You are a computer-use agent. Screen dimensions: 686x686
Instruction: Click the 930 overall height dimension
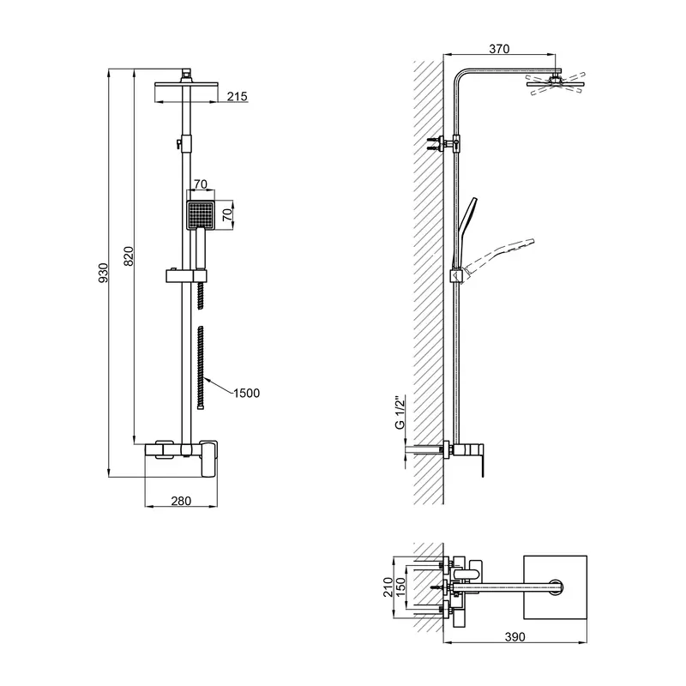pos(103,273)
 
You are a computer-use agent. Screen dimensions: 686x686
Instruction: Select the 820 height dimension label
pos(128,256)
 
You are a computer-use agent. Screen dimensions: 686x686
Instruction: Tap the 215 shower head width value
pos(238,96)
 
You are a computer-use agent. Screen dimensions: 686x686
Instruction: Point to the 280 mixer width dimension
pos(181,501)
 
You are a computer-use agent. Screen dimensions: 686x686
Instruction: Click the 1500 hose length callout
pos(246,393)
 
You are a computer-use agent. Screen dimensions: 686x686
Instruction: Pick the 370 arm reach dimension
pos(499,49)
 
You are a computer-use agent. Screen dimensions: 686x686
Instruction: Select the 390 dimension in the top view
pos(515,636)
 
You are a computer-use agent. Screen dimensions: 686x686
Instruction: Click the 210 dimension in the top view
pos(388,587)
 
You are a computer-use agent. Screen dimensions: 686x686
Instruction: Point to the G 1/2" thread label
pos(400,413)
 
